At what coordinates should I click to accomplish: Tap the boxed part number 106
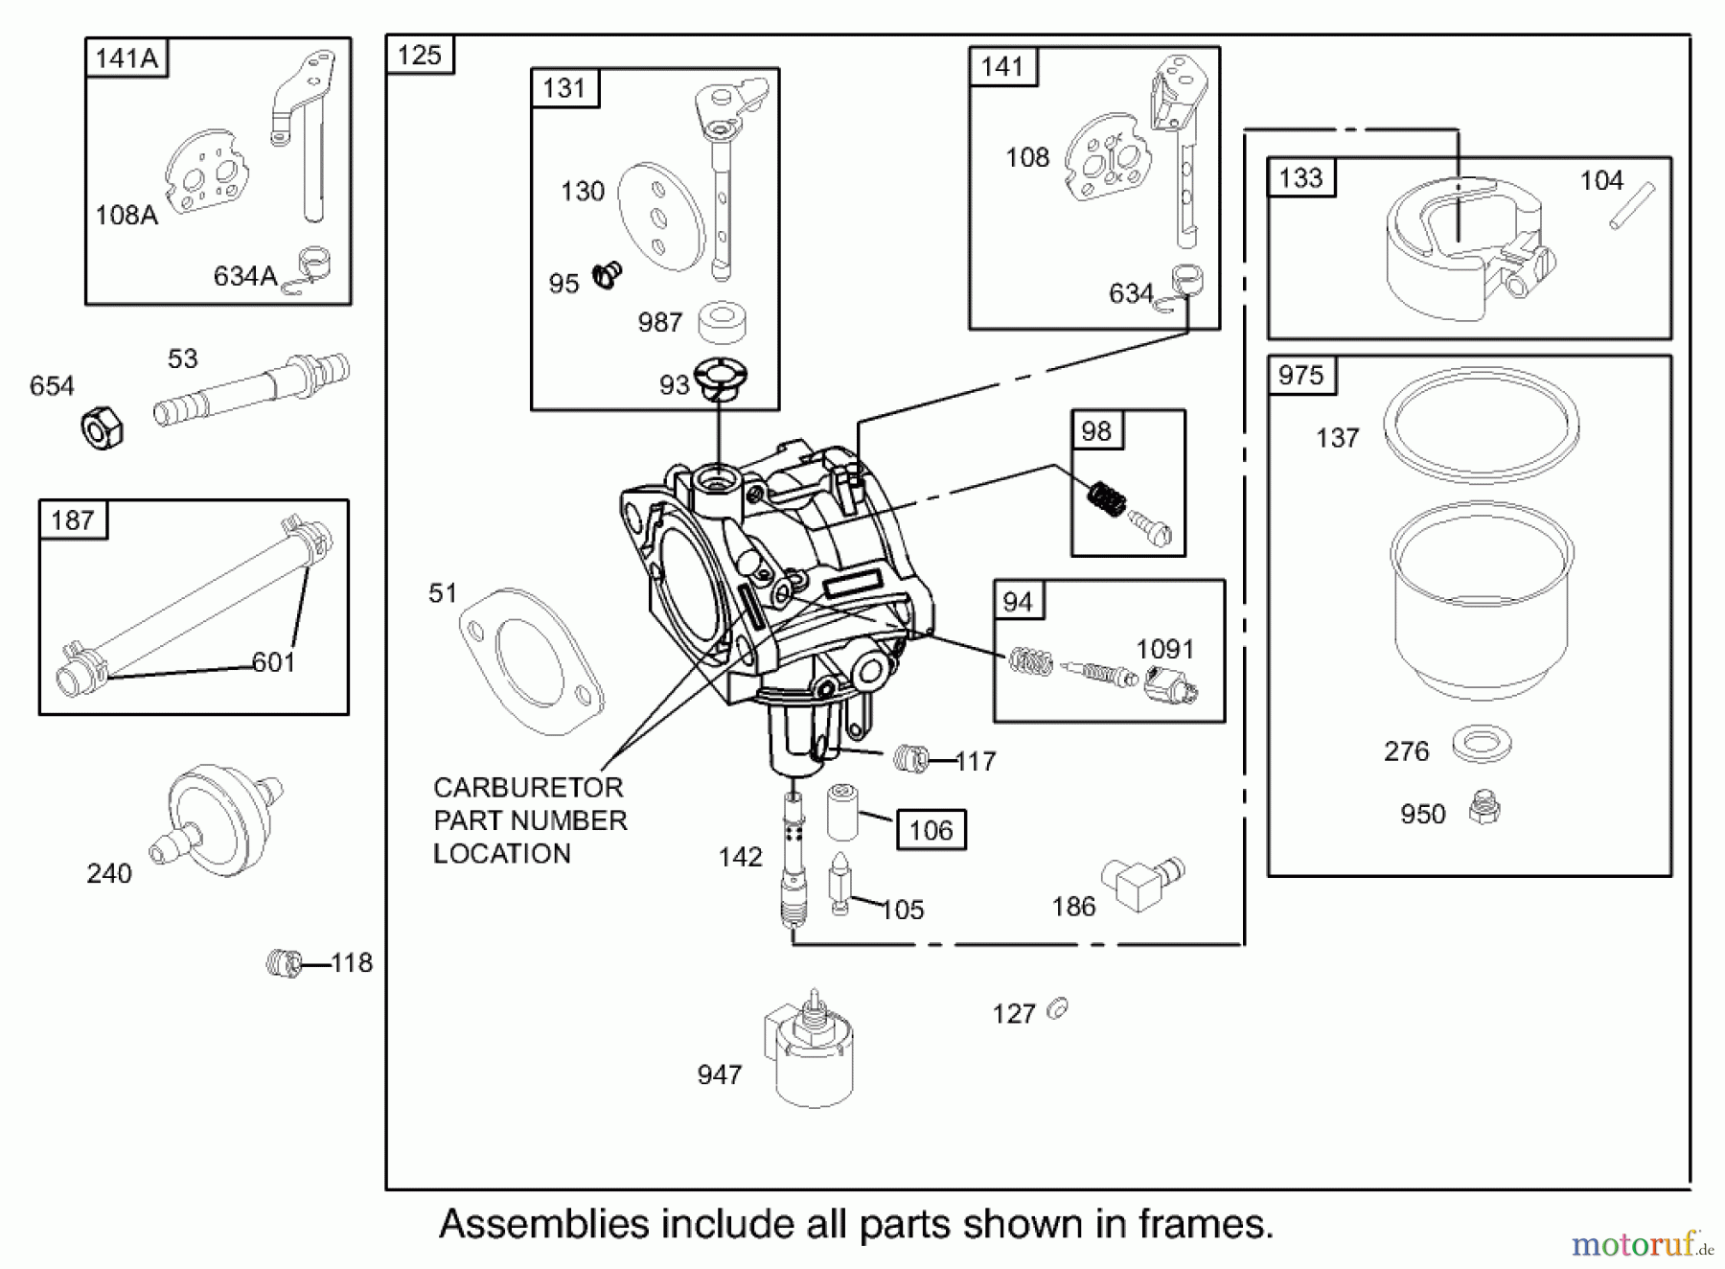pos(931,830)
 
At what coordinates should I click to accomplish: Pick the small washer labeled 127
pos(1058,1009)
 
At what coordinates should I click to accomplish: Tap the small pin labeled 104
pos(1632,205)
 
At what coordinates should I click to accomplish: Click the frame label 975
pos(1300,376)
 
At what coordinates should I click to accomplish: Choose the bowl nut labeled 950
pos(1483,809)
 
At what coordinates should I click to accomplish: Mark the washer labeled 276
pos(1482,744)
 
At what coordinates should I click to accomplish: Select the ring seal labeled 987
pos(722,322)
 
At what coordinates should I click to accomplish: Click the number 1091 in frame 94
pos(1164,649)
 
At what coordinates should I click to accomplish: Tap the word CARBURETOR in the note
pos(528,788)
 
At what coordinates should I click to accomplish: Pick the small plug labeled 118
pos(284,962)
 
